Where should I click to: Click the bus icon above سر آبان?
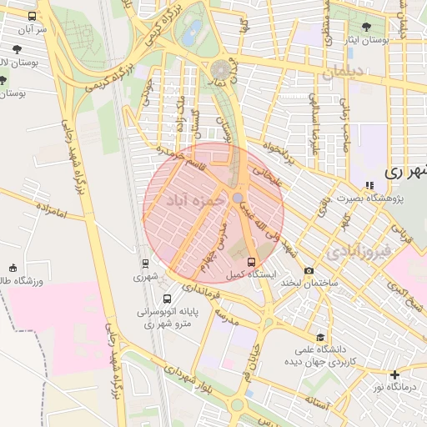pos(32,16)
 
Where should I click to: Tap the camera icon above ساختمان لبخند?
pos(309,270)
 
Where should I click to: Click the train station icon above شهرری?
pos(145,263)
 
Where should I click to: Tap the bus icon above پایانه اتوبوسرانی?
pos(168,299)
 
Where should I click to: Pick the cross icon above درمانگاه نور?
pos(395,374)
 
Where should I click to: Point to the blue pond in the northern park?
pos(193,34)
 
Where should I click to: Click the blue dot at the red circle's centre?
pos(238,197)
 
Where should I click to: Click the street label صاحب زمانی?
pos(344,121)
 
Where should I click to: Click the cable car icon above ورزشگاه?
pos(13,268)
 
